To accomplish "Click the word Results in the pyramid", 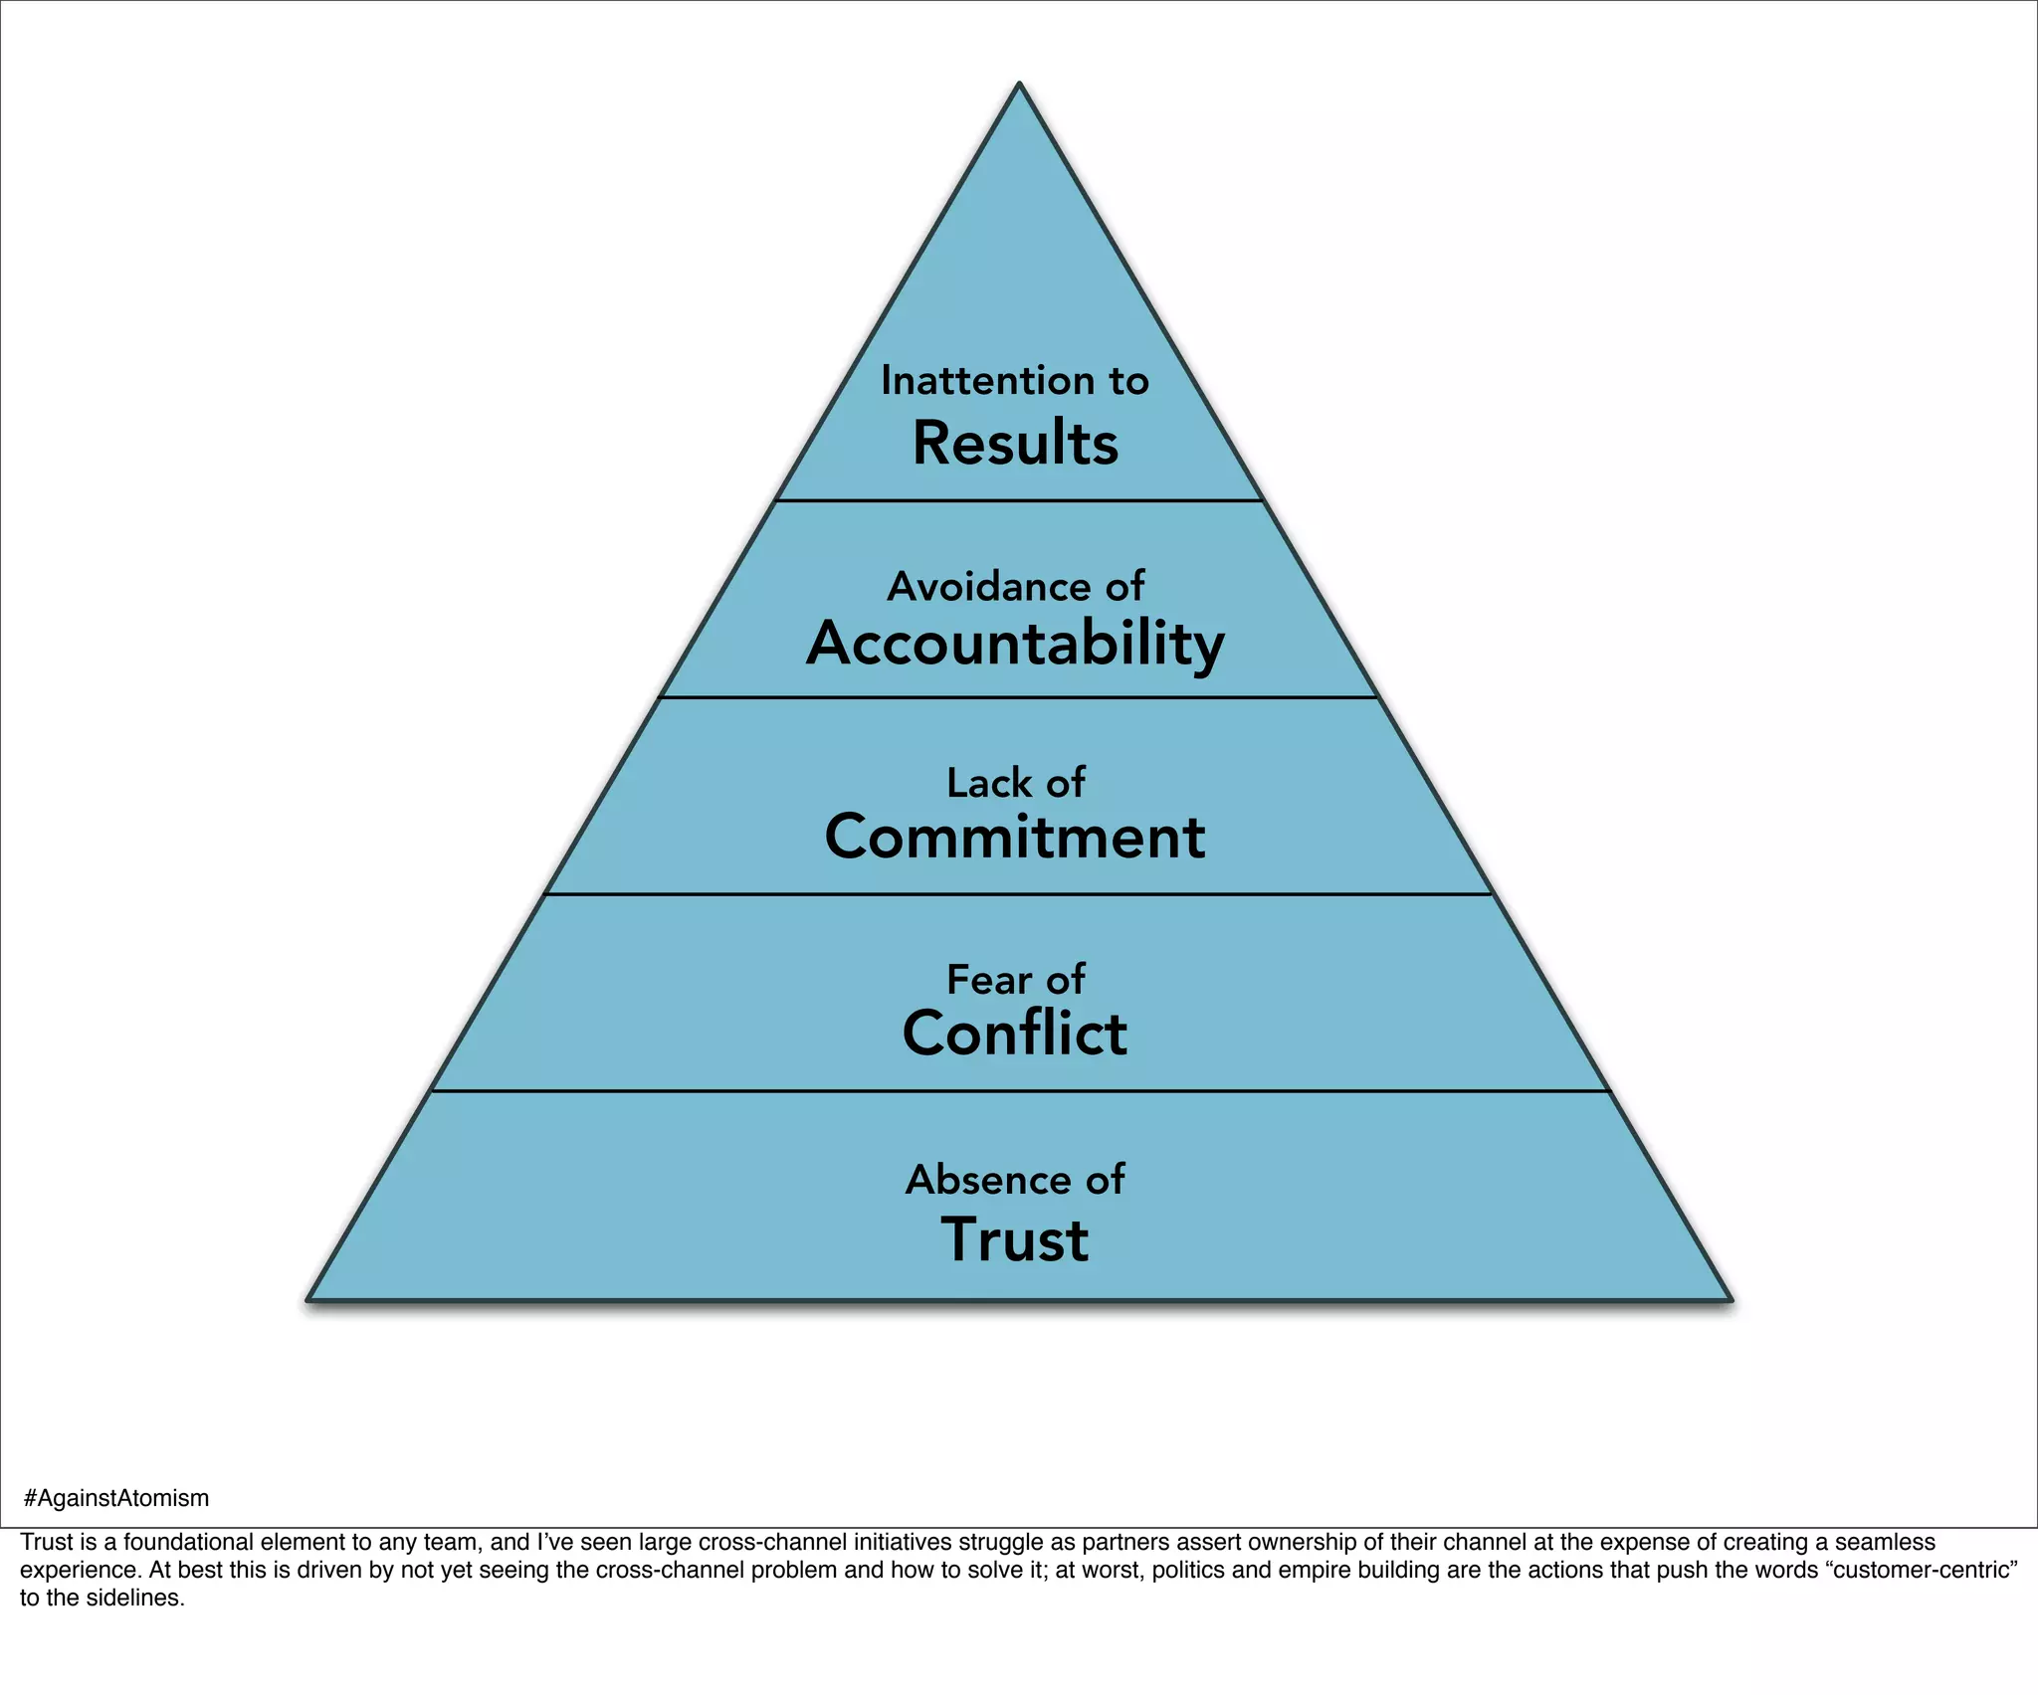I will click(1015, 444).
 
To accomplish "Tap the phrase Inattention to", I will click(1015, 381).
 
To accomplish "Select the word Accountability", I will click(1015, 644).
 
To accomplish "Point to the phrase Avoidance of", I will click(1015, 587).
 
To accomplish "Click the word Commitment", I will click(1015, 837).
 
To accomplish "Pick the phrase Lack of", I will click(1015, 783).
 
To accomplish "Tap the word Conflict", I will click(1015, 1034).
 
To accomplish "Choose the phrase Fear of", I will click(1015, 980).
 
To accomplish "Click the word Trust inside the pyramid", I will click(1015, 1240).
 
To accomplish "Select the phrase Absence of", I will click(1015, 1180).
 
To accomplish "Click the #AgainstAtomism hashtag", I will click(115, 1498).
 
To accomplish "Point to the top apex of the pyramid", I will click(1019, 86).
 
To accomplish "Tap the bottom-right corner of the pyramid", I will click(1730, 1298).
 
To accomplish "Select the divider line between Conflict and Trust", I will click(1019, 1091).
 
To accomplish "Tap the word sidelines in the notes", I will click(140, 1599).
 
